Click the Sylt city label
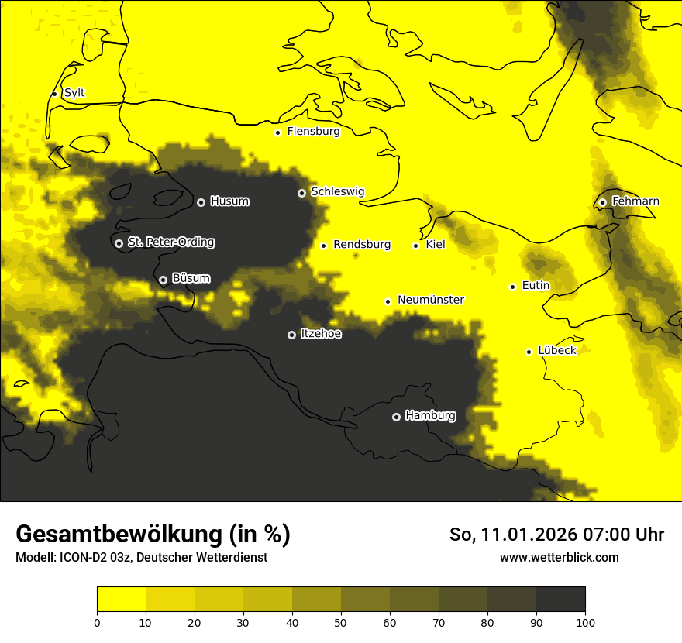pyautogui.click(x=74, y=93)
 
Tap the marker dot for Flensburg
pyautogui.click(x=277, y=132)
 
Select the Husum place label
pyautogui.click(x=229, y=201)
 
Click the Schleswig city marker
pyautogui.click(x=301, y=193)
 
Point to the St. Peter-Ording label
pyautogui.click(x=170, y=242)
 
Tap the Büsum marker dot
pyautogui.click(x=163, y=280)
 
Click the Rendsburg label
pyautogui.click(x=362, y=245)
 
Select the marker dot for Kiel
pyautogui.click(x=416, y=246)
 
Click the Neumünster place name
pyautogui.click(x=431, y=300)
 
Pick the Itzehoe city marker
pyautogui.click(x=291, y=335)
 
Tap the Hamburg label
pyautogui.click(x=430, y=416)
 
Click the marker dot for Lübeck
pyautogui.click(x=529, y=352)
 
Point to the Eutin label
pyautogui.click(x=536, y=286)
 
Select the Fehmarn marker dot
pyautogui.click(x=602, y=202)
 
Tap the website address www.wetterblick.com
pyautogui.click(x=559, y=557)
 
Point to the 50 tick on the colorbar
pyautogui.click(x=341, y=622)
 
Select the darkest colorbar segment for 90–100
pyautogui.click(x=560, y=600)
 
